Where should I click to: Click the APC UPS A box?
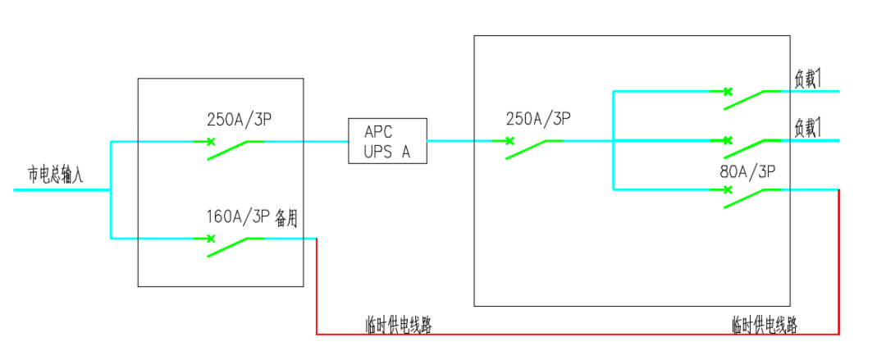pos(387,140)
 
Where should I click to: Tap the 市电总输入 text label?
pos(55,174)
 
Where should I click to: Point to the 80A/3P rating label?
pos(747,172)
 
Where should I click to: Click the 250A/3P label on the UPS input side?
pos(239,120)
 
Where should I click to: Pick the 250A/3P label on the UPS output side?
pos(538,120)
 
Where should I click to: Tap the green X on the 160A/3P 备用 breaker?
pos(211,239)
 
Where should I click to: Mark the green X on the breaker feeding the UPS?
pos(211,141)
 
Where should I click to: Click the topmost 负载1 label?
pos(807,77)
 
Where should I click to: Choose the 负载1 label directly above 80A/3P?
pos(807,126)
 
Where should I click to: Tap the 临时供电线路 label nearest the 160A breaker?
pos(398,325)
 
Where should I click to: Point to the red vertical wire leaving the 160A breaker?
pos(317,287)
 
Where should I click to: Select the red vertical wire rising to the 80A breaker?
pos(838,262)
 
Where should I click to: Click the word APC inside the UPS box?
pos(379,132)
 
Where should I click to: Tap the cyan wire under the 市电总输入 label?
pos(62,190)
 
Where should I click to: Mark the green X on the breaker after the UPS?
pos(509,141)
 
